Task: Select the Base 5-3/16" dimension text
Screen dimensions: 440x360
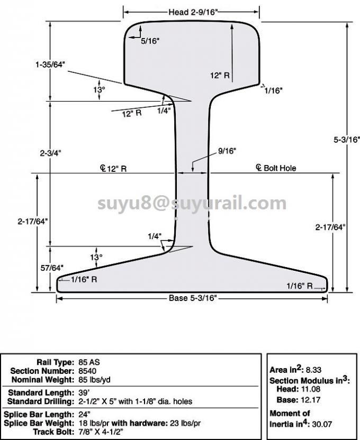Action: pos(193,299)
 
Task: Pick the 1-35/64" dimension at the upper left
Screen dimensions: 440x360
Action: pos(50,65)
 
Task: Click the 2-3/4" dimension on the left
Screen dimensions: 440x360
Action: pos(51,153)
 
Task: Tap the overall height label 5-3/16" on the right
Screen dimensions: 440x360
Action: pos(347,140)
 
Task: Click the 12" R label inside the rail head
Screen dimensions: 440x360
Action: pos(219,76)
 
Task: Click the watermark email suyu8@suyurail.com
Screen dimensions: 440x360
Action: pos(192,203)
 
